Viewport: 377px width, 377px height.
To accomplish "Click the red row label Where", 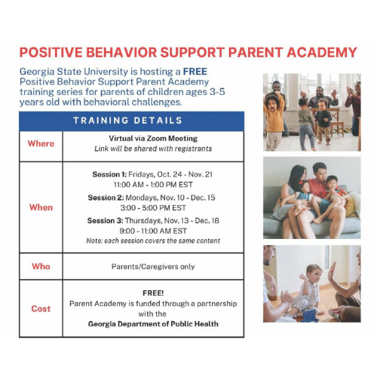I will point(41,143).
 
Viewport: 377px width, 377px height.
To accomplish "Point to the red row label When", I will point(41,207).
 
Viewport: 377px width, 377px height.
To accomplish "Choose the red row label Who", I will point(41,266).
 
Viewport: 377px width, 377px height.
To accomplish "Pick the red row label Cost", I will point(41,308).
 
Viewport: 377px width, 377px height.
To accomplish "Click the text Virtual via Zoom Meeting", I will point(153,139).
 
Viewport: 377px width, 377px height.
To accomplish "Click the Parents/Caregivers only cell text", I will point(153,266).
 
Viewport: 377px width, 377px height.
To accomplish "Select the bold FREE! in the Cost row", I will point(153,292).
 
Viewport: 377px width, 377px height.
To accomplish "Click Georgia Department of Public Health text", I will point(153,323).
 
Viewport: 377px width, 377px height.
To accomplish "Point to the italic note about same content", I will point(153,241).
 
